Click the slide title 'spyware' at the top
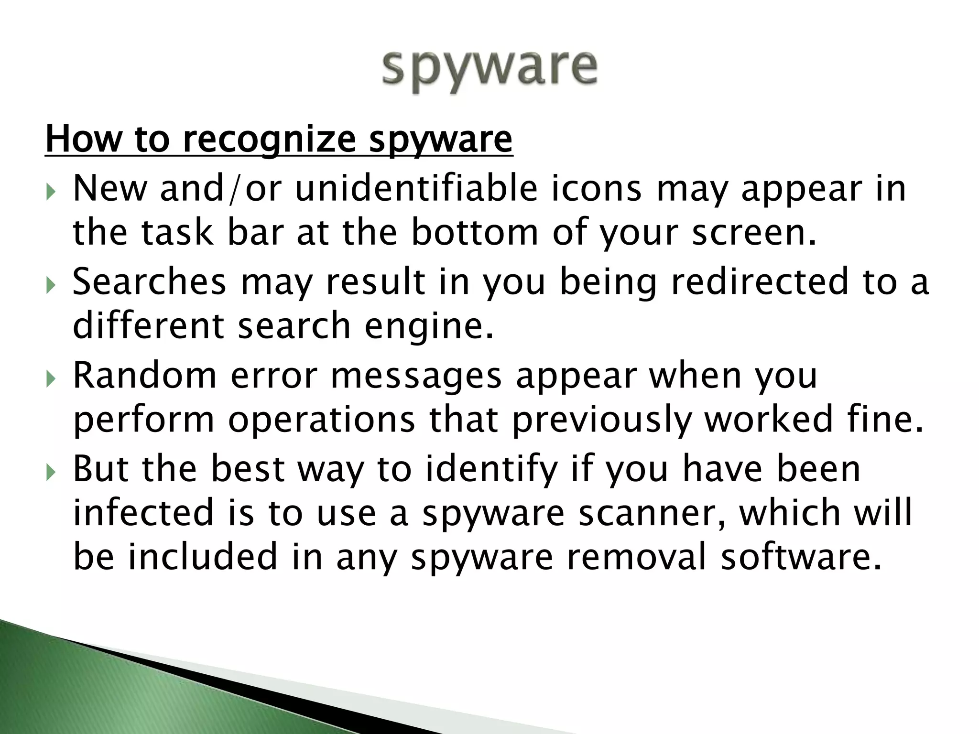coord(489,72)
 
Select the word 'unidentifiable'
coord(416,188)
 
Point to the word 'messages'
coord(416,375)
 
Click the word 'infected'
coord(143,513)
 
